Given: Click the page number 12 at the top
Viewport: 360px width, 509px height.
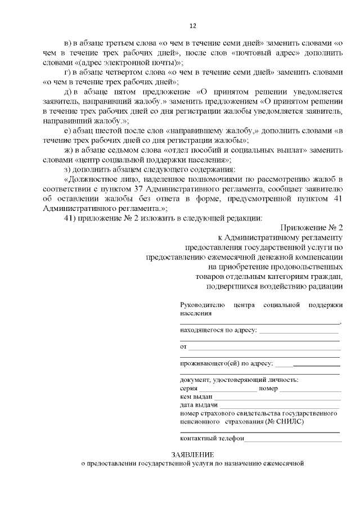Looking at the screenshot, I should pos(192,25).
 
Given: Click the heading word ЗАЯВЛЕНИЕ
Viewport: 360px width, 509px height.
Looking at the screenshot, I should pos(193,454).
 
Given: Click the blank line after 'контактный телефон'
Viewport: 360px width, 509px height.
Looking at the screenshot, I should pos(292,439).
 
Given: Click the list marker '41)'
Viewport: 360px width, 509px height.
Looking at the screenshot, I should pos(71,218).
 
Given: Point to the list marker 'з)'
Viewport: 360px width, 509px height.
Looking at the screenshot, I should pos(69,169).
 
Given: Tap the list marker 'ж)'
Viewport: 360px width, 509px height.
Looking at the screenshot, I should pos(69,148).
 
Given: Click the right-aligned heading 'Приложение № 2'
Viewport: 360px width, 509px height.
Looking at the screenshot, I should pos(310,227).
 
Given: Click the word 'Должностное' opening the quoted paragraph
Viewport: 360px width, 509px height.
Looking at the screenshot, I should pos(93,179).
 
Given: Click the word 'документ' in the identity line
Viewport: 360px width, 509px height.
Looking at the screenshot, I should pos(194,380).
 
